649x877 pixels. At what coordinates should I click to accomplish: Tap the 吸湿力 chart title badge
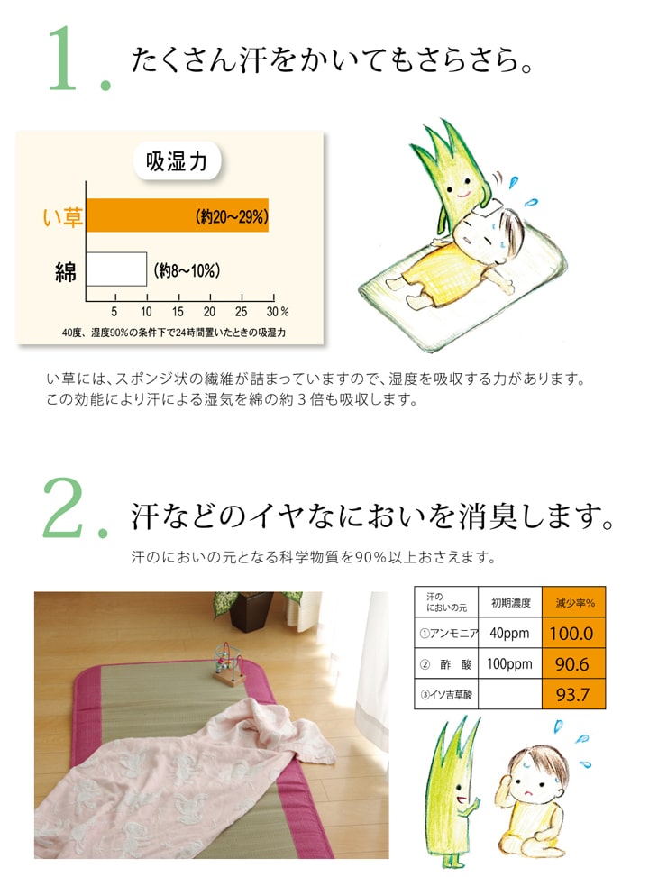click(x=177, y=163)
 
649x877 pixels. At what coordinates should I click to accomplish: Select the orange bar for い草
click(x=177, y=215)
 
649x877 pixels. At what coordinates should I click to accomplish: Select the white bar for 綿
click(x=116, y=269)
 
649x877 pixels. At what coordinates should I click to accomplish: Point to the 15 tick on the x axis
click(x=178, y=311)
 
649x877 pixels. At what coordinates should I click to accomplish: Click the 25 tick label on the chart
click(x=241, y=311)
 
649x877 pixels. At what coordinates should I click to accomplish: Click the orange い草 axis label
click(x=63, y=216)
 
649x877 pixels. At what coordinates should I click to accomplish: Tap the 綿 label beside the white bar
click(x=65, y=270)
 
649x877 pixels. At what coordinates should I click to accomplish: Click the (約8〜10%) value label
click(x=187, y=269)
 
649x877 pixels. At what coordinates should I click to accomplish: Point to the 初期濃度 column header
click(x=509, y=602)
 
